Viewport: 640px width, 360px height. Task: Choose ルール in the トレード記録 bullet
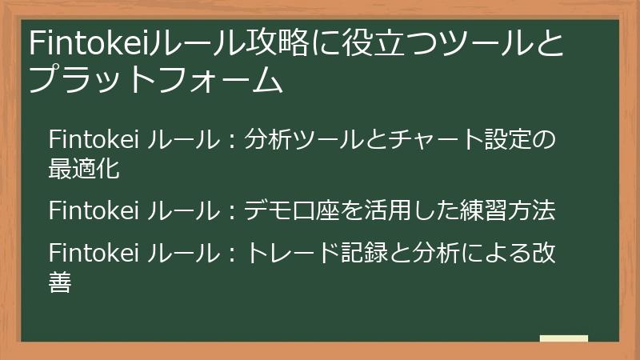tap(185, 254)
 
